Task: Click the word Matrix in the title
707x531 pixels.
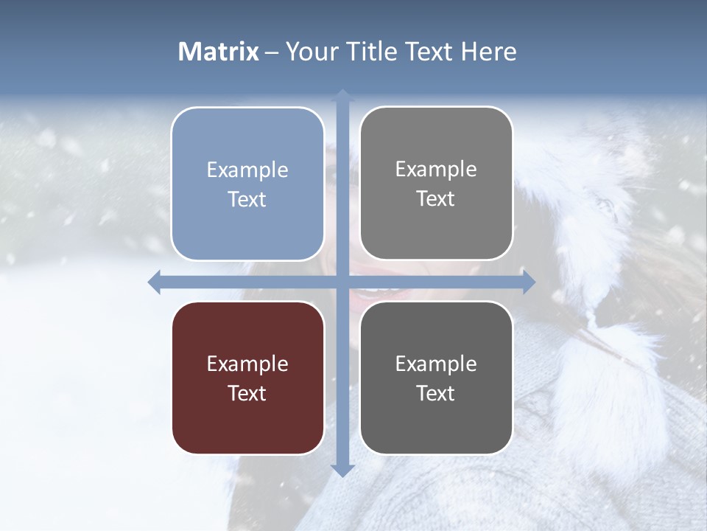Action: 219,52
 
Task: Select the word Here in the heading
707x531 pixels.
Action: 488,52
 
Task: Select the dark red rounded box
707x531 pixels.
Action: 247,428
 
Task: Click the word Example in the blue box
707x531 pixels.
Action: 247,170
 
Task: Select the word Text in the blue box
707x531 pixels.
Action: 247,200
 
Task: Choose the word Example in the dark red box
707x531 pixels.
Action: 247,364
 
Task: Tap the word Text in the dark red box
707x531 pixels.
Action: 247,394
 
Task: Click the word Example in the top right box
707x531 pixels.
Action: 436,169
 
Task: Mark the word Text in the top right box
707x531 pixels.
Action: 436,199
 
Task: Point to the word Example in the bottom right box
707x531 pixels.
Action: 436,364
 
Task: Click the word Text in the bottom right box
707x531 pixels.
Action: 436,394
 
